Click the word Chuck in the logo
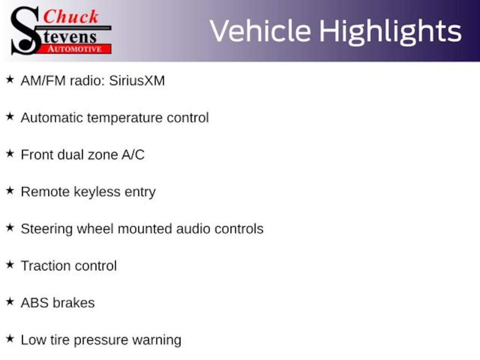71,17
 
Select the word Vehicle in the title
260,31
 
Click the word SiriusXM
137,81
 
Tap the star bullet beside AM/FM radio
10,80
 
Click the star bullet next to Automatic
10,117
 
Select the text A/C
133,155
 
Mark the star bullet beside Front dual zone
10,154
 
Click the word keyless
95,192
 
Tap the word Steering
46,229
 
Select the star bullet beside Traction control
10,265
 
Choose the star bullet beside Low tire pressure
10,339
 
